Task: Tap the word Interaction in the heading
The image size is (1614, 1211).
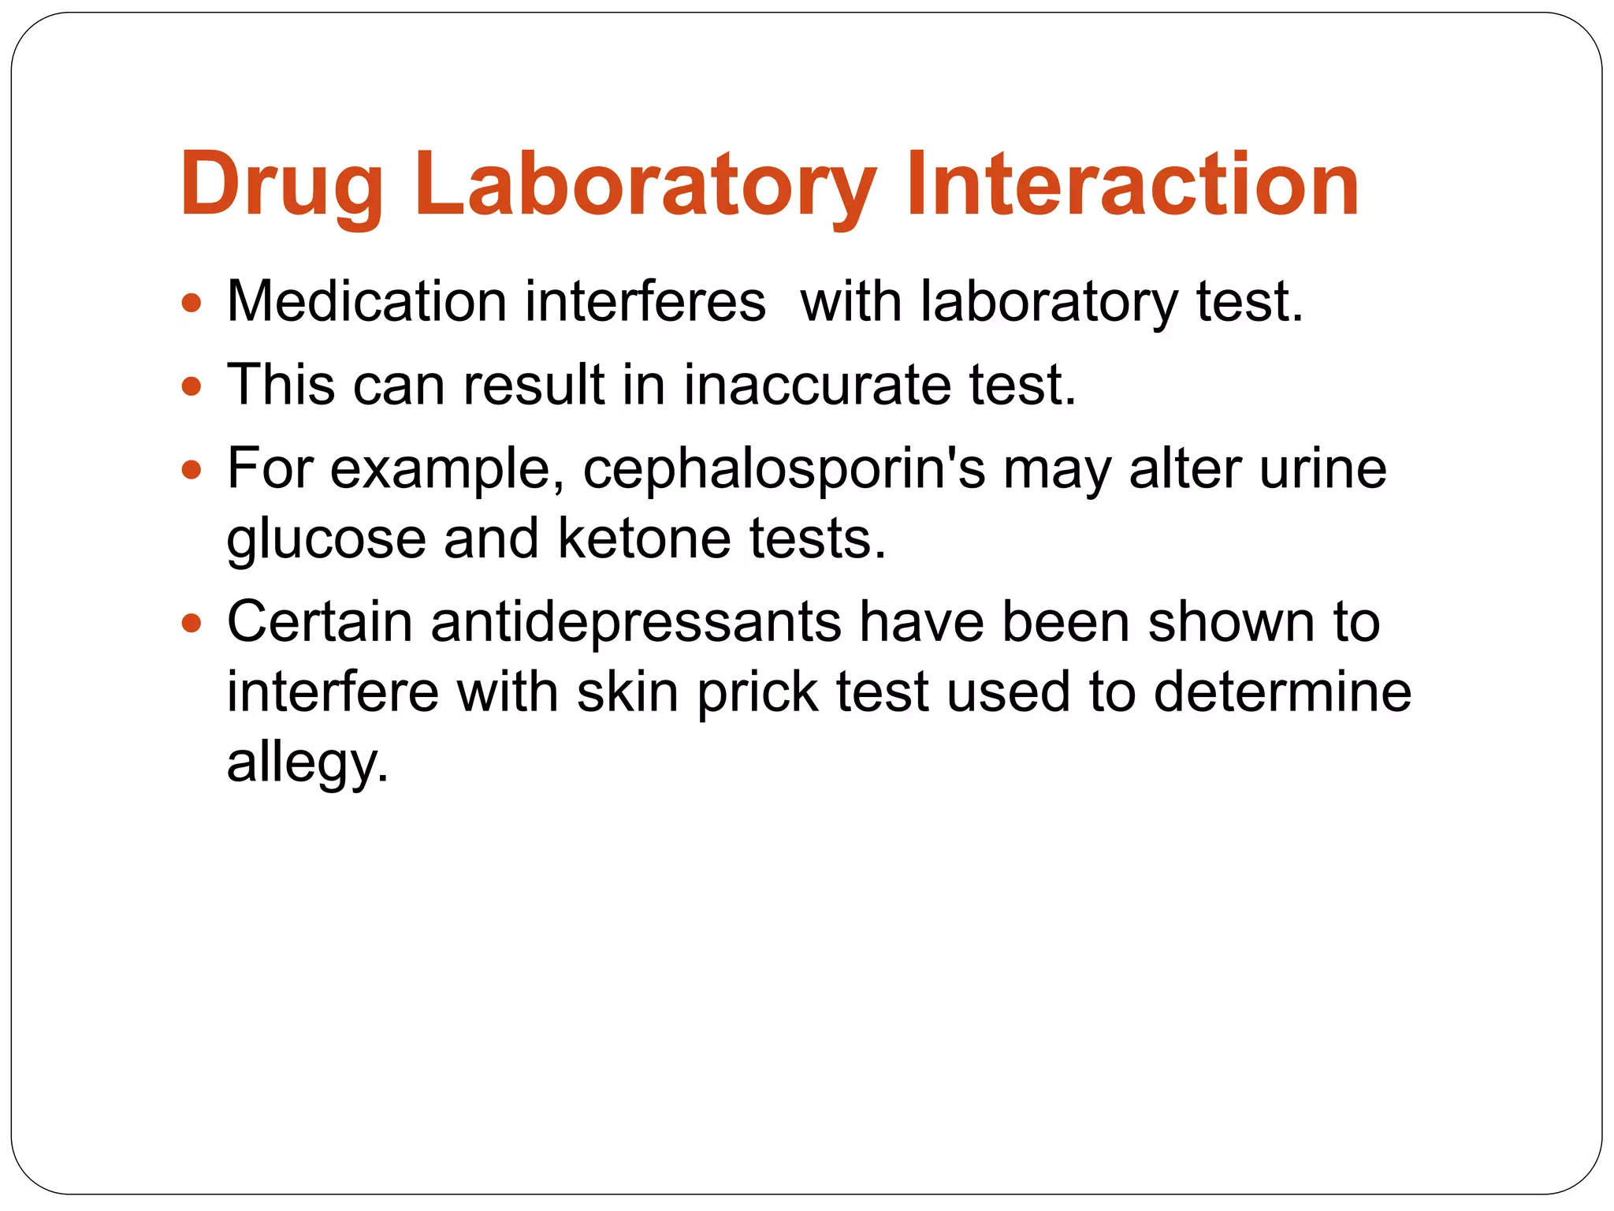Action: click(x=1132, y=184)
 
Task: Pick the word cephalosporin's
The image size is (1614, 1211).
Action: click(x=784, y=470)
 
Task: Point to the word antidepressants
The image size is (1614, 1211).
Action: click(x=636, y=622)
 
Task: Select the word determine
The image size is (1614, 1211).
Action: click(x=1282, y=691)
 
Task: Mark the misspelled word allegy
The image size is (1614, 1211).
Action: click(x=307, y=764)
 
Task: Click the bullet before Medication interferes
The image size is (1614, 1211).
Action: click(x=192, y=303)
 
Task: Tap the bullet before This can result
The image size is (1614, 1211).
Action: click(x=192, y=386)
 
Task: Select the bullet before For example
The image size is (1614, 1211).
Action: click(x=192, y=471)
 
